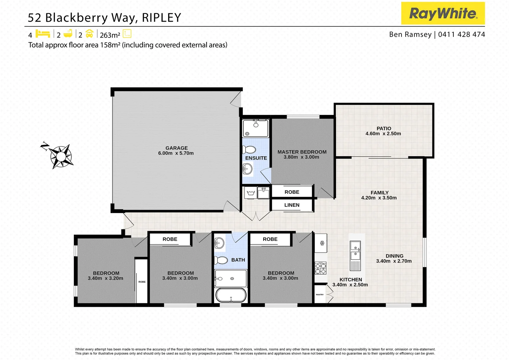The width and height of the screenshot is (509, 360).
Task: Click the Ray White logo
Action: (443, 13)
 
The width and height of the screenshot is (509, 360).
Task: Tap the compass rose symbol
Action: (60, 156)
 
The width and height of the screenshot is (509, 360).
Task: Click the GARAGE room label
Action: (177, 148)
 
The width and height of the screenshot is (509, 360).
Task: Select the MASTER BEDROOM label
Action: (302, 152)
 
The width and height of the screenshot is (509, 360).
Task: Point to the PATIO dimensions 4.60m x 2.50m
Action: (383, 134)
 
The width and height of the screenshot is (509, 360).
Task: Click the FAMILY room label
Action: (379, 193)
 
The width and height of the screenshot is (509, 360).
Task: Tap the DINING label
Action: (394, 256)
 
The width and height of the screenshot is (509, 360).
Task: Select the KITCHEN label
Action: (350, 280)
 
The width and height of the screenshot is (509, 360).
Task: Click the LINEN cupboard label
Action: (292, 205)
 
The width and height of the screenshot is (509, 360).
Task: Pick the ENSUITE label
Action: (256, 158)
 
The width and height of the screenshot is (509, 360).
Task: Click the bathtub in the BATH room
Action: (231, 295)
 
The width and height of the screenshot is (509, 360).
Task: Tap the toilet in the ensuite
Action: (249, 150)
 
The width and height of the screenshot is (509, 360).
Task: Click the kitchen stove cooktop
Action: (321, 268)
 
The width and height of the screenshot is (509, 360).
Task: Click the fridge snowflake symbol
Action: (322, 243)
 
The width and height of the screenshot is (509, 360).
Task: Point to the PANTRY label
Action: (320, 295)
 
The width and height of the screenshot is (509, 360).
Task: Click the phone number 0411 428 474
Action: (461, 34)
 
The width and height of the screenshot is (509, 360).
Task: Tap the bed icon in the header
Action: (43, 34)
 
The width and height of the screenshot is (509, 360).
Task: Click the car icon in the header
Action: (89, 34)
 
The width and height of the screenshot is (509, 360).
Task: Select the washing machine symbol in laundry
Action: (251, 193)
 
